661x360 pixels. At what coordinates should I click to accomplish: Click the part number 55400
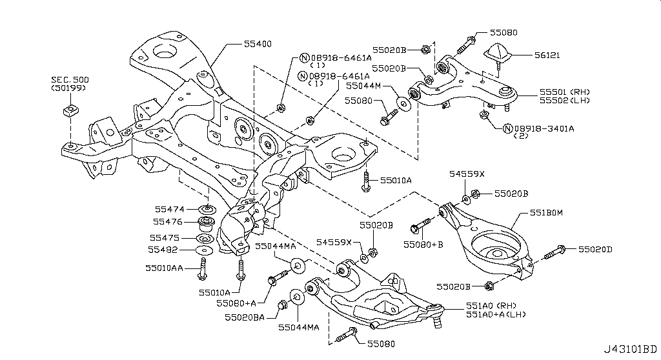[258, 44]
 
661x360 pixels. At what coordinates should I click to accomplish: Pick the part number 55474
[170, 210]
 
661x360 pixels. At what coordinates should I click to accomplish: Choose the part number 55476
[170, 222]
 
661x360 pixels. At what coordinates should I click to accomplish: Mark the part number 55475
[170, 237]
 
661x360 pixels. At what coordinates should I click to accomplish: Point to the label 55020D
[595, 249]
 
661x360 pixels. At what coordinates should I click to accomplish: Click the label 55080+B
[424, 245]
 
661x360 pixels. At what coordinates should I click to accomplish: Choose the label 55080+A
[237, 303]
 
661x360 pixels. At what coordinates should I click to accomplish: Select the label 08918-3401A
[544, 128]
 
